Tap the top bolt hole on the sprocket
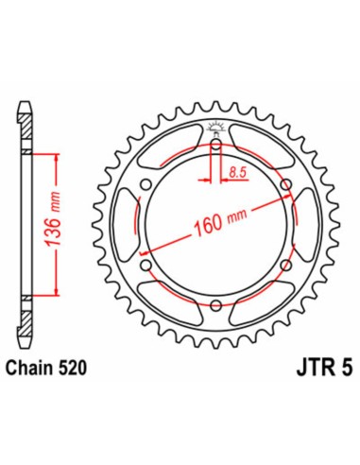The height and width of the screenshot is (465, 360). (216, 145)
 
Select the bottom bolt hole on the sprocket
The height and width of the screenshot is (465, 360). (216, 304)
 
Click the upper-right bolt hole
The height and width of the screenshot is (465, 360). (286, 184)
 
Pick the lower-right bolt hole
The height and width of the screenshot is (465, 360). (286, 265)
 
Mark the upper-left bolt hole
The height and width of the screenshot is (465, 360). (146, 184)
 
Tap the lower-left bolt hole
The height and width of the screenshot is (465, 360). (146, 265)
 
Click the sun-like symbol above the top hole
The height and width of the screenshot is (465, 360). (216, 129)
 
